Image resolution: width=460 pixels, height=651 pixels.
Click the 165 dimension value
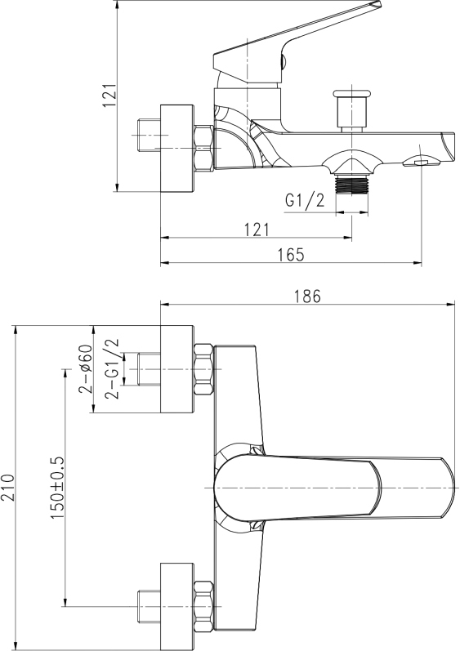pyautogui.click(x=290, y=255)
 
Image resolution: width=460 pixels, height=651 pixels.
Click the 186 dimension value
pyautogui.click(x=308, y=297)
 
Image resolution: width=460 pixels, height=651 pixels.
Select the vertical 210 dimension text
pyautogui.click(x=9, y=488)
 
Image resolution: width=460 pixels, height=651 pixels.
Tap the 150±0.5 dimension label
pyautogui.click(x=57, y=487)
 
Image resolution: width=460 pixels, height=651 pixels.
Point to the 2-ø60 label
pyautogui.click(x=85, y=368)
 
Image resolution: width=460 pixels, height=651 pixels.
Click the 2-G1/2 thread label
pyautogui.click(x=112, y=368)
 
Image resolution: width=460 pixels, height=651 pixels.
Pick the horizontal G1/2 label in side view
pyautogui.click(x=304, y=201)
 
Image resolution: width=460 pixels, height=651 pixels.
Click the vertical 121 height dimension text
pyautogui.click(x=109, y=95)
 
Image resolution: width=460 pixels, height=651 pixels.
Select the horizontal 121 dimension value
pyautogui.click(x=257, y=230)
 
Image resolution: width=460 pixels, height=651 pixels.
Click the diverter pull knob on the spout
pyautogui.click(x=352, y=110)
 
